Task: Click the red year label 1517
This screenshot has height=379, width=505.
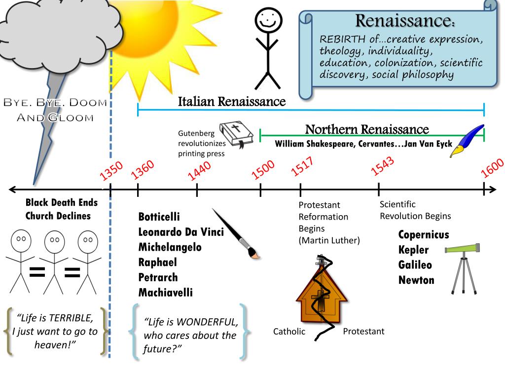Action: coord(302,166)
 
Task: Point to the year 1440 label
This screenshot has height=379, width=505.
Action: coord(199,170)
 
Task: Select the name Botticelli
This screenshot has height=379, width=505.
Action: coord(159,217)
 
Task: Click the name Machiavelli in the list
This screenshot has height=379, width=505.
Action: coord(166,292)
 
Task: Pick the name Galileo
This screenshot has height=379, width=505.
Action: coord(415,265)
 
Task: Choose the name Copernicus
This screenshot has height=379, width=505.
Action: coord(424,234)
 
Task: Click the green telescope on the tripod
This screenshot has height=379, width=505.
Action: coord(463,268)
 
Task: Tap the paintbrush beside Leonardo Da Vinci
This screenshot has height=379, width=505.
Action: coord(236,233)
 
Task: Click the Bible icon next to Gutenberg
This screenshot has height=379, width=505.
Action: coord(236,135)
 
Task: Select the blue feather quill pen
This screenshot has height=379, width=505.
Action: coord(467,141)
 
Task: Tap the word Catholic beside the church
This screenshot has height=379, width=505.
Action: coord(289,331)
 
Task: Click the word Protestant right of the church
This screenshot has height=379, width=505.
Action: coord(363,331)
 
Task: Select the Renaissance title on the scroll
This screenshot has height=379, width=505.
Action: coord(405,21)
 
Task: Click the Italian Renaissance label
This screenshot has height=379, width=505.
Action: coord(232,102)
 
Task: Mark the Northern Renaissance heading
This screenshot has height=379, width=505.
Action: coord(367,129)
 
